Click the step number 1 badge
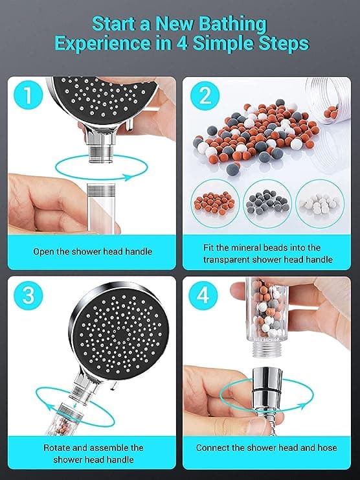(x=28, y=95)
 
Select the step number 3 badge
(x=28, y=295)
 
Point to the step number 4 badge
(x=203, y=295)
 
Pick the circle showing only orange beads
(x=215, y=203)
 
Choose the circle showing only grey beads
(x=267, y=203)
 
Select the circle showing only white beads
(x=320, y=203)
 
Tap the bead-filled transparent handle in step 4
(x=262, y=317)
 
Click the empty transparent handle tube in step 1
(x=101, y=208)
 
